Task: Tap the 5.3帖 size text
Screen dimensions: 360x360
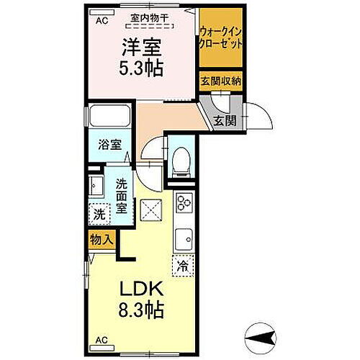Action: pyautogui.click(x=140, y=68)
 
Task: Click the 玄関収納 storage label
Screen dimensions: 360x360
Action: pyautogui.click(x=221, y=80)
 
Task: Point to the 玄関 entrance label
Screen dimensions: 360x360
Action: pyautogui.click(x=224, y=120)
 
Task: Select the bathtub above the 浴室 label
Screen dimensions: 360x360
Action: pyautogui.click(x=108, y=116)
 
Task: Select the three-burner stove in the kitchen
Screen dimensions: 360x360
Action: pyautogui.click(x=183, y=205)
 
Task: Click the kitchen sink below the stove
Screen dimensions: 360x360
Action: pyautogui.click(x=183, y=236)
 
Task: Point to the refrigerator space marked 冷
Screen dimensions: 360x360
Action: pyautogui.click(x=183, y=266)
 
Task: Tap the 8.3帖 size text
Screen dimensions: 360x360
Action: pyautogui.click(x=140, y=311)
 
